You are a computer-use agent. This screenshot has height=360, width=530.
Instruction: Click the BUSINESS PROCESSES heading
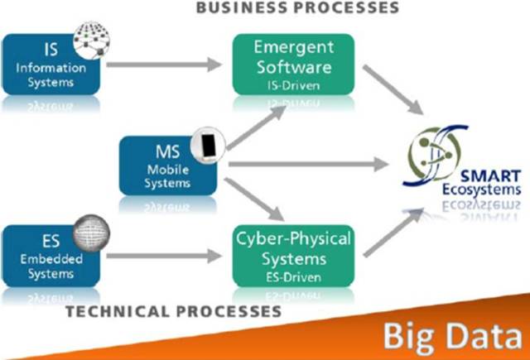[296, 8]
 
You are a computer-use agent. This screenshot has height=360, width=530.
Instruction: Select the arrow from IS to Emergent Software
[166, 62]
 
